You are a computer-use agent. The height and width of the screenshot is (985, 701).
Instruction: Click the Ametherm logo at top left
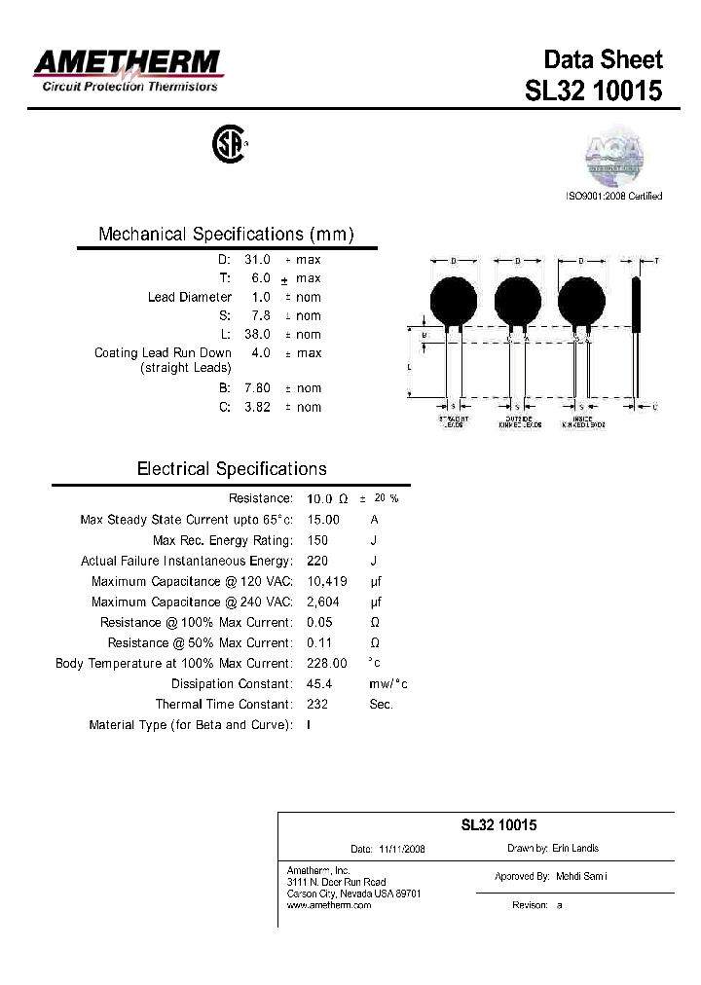click(x=128, y=70)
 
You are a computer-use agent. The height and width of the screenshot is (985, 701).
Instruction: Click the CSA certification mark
click(x=229, y=145)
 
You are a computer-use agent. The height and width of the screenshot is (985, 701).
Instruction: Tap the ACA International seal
click(x=613, y=156)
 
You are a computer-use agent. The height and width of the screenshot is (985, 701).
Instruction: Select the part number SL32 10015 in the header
click(x=593, y=91)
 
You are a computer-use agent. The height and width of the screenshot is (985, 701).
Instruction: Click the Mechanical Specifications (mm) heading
click(x=226, y=235)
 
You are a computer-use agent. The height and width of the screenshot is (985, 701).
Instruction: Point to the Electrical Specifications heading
click(x=232, y=469)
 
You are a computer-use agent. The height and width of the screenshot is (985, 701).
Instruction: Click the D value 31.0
click(x=257, y=260)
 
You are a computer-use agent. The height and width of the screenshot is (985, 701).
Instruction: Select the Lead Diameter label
click(x=190, y=297)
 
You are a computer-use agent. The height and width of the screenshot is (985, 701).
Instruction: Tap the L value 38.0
click(x=257, y=334)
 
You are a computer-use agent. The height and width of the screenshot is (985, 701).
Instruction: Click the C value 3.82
click(x=257, y=407)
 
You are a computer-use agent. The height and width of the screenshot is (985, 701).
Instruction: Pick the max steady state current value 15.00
click(x=323, y=520)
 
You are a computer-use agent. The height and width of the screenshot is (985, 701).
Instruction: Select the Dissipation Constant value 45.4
click(x=319, y=684)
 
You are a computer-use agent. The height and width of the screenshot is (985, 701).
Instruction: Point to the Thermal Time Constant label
click(x=223, y=704)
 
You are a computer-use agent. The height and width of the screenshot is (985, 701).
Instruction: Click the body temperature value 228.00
click(x=326, y=663)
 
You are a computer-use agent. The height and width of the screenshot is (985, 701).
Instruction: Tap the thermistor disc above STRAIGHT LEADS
click(x=455, y=300)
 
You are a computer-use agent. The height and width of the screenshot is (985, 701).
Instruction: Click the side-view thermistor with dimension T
click(x=638, y=331)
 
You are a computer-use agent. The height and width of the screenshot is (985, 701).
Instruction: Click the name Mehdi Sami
click(x=581, y=877)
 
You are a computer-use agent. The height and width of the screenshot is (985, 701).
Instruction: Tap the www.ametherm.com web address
click(x=329, y=905)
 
